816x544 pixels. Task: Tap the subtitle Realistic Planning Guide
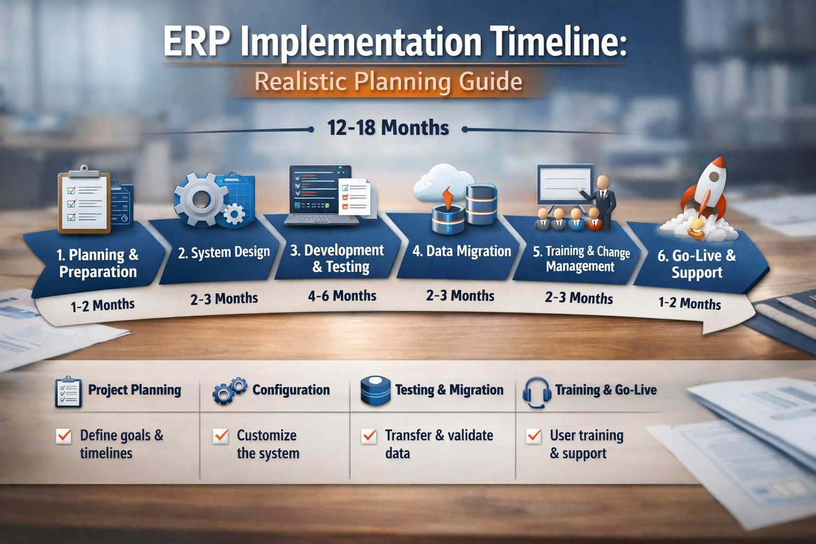388,81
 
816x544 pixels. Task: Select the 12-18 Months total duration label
388,127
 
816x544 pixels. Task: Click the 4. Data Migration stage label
462,251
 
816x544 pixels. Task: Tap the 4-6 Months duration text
342,295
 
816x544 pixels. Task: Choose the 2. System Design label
224,252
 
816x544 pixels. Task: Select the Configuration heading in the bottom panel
291,389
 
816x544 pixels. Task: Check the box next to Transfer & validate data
369,436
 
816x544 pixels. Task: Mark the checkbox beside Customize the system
221,436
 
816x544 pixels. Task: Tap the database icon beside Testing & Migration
375,391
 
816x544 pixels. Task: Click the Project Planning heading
134,390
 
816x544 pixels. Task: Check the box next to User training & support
534,436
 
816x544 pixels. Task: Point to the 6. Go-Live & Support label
696,264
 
